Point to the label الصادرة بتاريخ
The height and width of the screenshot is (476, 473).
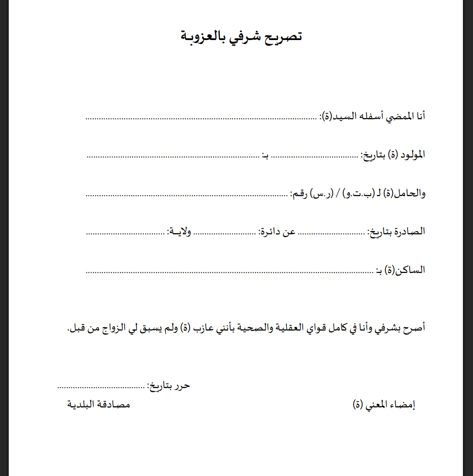(x=396, y=232)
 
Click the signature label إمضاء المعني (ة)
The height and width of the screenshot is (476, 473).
(x=384, y=405)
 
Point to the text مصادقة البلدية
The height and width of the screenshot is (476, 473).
(x=99, y=405)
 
